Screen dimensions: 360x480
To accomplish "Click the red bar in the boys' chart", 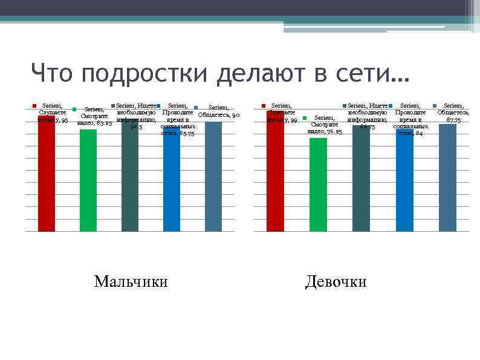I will pyautogui.click(x=47, y=175).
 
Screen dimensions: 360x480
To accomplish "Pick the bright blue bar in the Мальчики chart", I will pyautogui.click(x=172, y=182).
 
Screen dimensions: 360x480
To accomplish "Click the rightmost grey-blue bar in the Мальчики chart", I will pyautogui.click(x=213, y=177).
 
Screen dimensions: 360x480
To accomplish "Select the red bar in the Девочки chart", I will pyautogui.click(x=276, y=172).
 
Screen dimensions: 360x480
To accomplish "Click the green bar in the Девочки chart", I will pyautogui.click(x=318, y=185).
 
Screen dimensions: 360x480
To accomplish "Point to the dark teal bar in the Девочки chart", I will pyautogui.click(x=361, y=178).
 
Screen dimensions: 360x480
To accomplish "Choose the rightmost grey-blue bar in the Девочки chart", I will pyautogui.click(x=447, y=178).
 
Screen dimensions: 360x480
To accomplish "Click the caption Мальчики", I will pyautogui.click(x=131, y=282).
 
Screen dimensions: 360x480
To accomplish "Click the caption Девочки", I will pyautogui.click(x=336, y=282).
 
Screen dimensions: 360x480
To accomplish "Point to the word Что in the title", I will pyautogui.click(x=53, y=75).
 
